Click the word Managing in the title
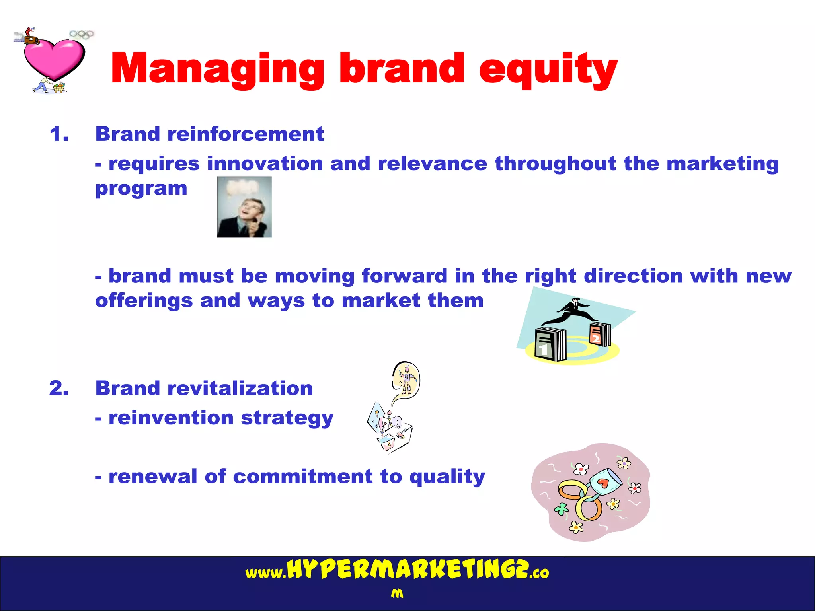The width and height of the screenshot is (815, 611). (x=217, y=68)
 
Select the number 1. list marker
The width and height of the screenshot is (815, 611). (x=59, y=134)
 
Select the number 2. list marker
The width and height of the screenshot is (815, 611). (x=59, y=388)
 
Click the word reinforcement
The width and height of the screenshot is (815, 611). (x=246, y=134)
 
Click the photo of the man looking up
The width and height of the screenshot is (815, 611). (x=244, y=207)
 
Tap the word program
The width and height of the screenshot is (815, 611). (x=141, y=188)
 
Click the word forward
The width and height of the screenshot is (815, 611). (x=404, y=276)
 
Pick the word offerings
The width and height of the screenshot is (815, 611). (x=144, y=300)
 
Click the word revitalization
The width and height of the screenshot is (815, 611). (x=240, y=388)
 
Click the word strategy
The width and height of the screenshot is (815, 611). (x=287, y=418)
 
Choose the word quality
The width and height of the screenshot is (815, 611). (x=447, y=477)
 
